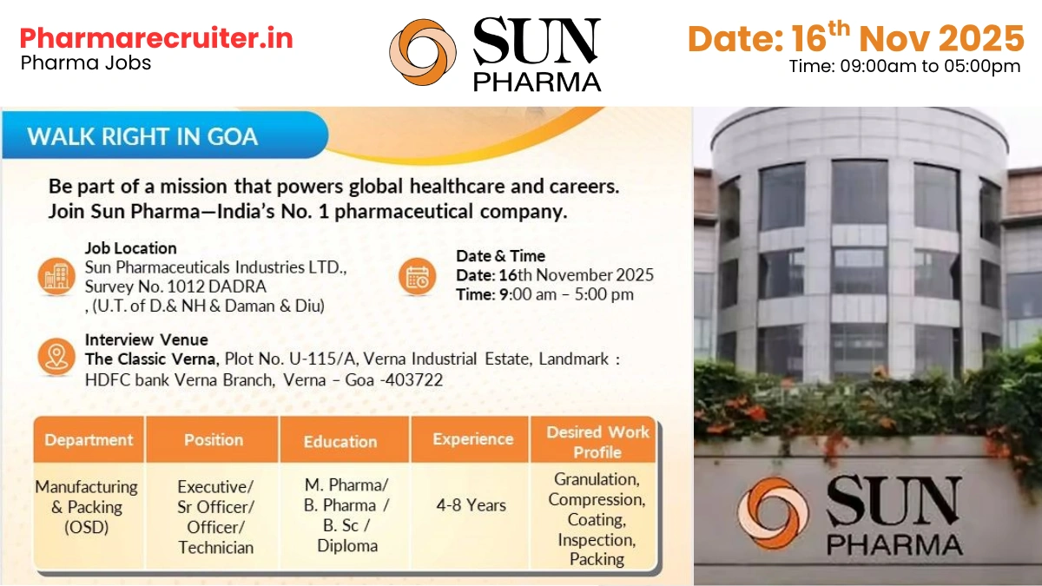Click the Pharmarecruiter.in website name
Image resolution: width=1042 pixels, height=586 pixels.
156,39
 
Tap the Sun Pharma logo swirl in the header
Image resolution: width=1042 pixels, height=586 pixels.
423,53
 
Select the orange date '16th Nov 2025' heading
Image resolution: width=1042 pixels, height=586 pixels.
855,38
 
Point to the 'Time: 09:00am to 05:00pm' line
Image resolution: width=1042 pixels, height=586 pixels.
904,66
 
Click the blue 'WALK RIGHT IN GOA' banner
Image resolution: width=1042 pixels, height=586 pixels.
143,136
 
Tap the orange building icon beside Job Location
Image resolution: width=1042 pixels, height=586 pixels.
56,276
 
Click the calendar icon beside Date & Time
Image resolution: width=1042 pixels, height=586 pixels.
418,276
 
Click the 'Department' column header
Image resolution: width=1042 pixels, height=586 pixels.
89,439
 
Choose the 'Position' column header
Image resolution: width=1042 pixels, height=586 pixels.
213,439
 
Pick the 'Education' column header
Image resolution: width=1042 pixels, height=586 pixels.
340,441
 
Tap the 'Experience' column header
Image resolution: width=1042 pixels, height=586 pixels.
473,439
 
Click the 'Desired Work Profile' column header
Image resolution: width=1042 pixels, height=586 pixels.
597,441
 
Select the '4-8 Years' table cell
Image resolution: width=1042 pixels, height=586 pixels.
473,505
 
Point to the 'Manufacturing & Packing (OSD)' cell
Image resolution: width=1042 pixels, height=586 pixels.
86,507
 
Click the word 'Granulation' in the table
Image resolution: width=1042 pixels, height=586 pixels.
597,479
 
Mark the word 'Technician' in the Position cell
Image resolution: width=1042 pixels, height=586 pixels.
216,547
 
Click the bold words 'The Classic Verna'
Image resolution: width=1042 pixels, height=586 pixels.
151,359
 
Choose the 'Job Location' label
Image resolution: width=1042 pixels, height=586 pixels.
130,248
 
